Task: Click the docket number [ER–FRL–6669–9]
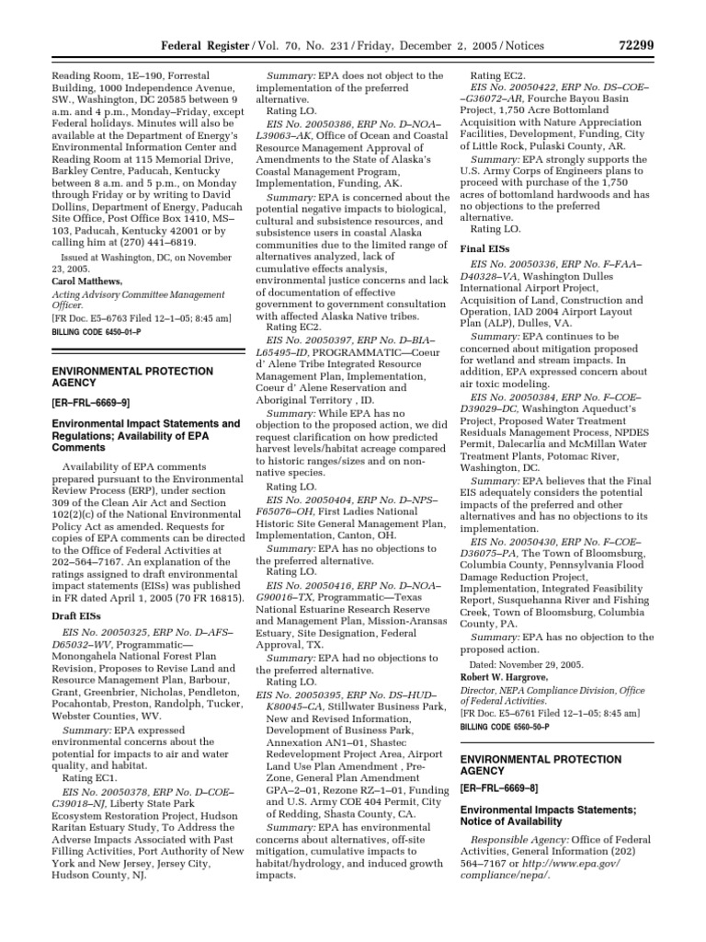(84, 403)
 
